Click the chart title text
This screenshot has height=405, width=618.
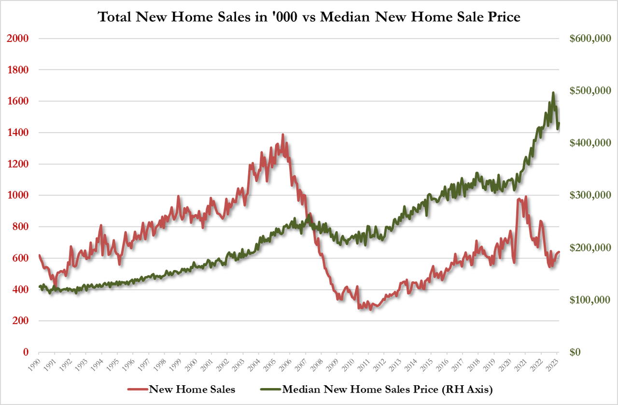pyautogui.click(x=309, y=17)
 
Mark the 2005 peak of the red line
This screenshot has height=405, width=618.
pyautogui.click(x=283, y=135)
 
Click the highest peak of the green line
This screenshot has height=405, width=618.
pyautogui.click(x=553, y=93)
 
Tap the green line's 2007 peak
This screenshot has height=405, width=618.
pyautogui.click(x=309, y=214)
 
